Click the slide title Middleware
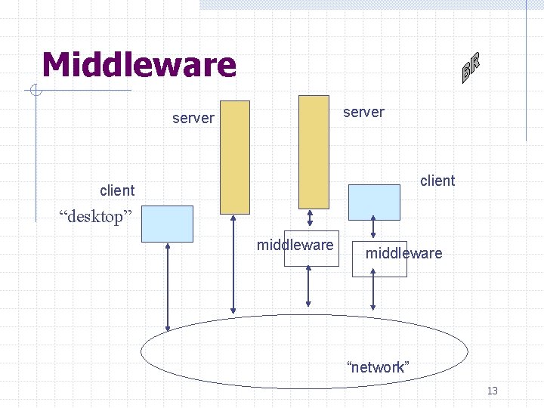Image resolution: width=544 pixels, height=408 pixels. (139, 65)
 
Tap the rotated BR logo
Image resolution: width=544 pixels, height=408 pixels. (471, 67)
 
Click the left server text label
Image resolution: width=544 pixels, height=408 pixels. (193, 119)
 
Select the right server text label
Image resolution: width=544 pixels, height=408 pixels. (363, 113)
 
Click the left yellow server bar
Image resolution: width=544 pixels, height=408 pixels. (234, 157)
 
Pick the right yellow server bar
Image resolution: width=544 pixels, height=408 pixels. (314, 151)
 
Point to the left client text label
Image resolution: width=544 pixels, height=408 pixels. (117, 190)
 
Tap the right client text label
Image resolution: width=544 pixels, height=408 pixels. (437, 181)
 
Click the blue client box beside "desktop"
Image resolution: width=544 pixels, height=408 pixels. (167, 224)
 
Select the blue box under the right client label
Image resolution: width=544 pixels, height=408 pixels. (374, 202)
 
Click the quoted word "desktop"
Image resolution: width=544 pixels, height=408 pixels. (96, 218)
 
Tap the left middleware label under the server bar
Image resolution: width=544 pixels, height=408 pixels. (295, 245)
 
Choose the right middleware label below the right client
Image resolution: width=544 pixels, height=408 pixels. (403, 253)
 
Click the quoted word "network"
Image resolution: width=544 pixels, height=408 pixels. (378, 367)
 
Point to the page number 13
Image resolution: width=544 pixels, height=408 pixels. (493, 391)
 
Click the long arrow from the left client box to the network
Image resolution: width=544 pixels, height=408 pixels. (168, 287)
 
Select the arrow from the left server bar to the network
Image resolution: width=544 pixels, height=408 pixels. (233, 264)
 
